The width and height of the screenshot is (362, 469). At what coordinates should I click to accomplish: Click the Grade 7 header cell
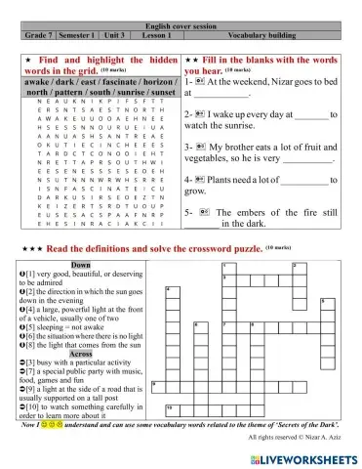click(x=40, y=34)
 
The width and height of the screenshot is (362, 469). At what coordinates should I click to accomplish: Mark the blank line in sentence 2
click(x=308, y=114)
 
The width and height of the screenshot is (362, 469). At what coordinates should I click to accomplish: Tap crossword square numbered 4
click(x=171, y=290)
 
